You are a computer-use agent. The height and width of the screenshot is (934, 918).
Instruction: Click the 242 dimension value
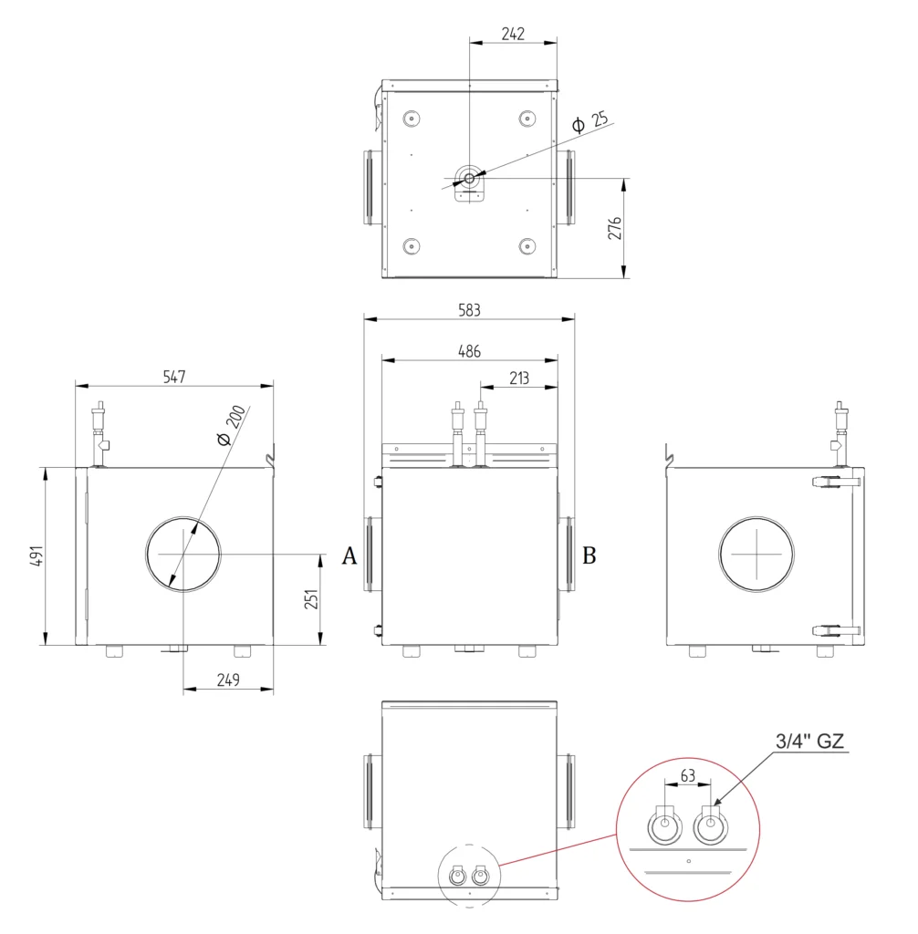[513, 34]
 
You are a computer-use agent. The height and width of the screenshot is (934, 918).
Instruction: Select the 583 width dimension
[469, 310]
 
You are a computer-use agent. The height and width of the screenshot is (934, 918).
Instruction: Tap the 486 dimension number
[469, 351]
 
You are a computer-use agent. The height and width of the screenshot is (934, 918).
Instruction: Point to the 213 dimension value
[518, 379]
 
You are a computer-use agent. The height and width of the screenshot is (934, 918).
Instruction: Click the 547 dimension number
[174, 377]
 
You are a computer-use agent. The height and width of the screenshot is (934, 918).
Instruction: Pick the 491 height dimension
[37, 555]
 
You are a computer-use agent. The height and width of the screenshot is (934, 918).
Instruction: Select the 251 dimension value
[311, 599]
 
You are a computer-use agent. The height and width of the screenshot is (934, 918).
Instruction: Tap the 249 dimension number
[228, 680]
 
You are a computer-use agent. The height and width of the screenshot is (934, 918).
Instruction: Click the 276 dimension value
[614, 229]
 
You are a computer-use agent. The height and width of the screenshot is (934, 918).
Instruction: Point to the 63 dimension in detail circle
[688, 775]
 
